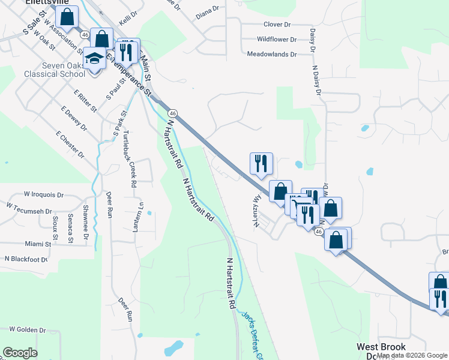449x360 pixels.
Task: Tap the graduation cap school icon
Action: click(94, 59)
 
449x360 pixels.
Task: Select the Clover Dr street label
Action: click(277, 25)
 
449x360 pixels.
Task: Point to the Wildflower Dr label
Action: click(277, 40)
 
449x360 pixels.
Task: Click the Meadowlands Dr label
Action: click(272, 54)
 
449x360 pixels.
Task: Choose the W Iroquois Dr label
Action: click(43, 195)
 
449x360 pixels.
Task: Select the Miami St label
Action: click(38, 244)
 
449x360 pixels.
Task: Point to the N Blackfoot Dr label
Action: click(26, 259)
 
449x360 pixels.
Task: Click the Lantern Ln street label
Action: click(142, 214)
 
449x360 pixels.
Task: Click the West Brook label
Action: click(381, 347)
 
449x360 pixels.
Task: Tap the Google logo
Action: click(20, 353)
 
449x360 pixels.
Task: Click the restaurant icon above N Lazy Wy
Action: click(261, 163)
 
